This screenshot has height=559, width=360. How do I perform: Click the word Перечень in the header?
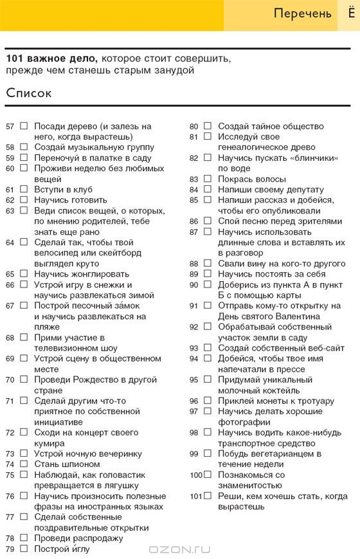(302, 14)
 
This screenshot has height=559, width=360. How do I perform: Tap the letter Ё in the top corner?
(348, 13)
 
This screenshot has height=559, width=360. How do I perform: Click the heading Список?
(29, 93)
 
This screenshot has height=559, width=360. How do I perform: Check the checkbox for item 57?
(24, 126)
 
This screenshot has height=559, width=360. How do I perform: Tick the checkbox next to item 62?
(24, 200)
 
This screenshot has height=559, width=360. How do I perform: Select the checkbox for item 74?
(24, 464)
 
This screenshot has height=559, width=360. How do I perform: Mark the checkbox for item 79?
(24, 549)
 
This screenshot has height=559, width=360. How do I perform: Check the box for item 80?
(208, 126)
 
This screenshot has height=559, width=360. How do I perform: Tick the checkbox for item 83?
(208, 179)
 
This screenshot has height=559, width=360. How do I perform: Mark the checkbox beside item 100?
(208, 475)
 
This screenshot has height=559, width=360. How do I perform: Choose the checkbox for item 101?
(208, 496)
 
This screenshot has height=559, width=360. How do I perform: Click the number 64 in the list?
(10, 243)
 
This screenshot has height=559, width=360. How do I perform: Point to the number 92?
(194, 327)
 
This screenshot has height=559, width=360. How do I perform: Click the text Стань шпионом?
(67, 464)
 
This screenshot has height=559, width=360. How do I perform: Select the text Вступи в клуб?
(63, 190)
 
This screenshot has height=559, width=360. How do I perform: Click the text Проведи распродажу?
(78, 538)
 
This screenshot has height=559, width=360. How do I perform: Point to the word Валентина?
(298, 316)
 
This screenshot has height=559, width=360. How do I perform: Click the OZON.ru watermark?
(179, 549)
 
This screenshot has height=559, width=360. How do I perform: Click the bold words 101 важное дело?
(52, 58)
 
